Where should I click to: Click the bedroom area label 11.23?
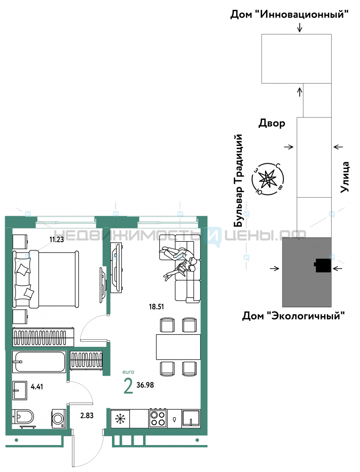point(57,239)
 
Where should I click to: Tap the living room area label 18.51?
point(156,307)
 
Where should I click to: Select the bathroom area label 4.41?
point(37,387)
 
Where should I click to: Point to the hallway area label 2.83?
point(87,415)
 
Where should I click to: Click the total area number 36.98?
point(145,385)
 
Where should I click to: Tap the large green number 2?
point(129,386)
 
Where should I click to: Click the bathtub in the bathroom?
point(39,362)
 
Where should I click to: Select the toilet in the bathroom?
point(24,418)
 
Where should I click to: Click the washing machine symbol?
point(59,418)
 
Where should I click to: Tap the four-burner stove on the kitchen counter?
point(158,418)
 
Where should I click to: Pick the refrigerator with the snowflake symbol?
point(120,418)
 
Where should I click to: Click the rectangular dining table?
point(178,347)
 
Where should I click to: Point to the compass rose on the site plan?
point(268,179)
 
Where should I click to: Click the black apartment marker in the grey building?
point(322,265)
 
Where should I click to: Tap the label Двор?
point(272,123)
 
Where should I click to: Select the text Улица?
point(344,177)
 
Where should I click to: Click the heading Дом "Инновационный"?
point(290,14)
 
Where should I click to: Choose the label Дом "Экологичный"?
point(293,316)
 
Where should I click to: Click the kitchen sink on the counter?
point(191,418)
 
